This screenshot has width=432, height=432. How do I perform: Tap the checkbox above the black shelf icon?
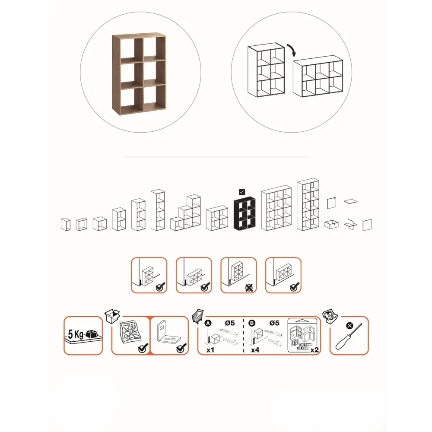[x=242, y=192]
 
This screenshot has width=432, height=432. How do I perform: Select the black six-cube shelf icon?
[x=245, y=213]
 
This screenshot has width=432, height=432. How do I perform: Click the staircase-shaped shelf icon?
[x=185, y=213]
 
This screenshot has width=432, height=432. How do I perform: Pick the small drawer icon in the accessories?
[x=331, y=224]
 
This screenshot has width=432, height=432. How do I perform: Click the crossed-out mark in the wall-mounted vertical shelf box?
[x=249, y=288]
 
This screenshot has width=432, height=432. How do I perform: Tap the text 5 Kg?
[x=76, y=334]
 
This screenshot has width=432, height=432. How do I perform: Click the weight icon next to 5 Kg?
[x=92, y=334]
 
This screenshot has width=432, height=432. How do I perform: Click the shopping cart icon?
[x=198, y=316]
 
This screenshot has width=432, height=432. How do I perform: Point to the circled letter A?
[x=208, y=323]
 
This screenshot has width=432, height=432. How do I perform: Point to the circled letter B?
[x=252, y=323]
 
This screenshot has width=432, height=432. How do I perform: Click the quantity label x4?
[x=255, y=350]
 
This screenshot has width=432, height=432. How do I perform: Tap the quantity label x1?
[x=210, y=350]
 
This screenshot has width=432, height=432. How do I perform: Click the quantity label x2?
[x=314, y=350]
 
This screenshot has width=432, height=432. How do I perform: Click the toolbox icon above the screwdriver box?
[x=330, y=316]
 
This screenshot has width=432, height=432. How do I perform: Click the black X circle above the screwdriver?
[x=349, y=326]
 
